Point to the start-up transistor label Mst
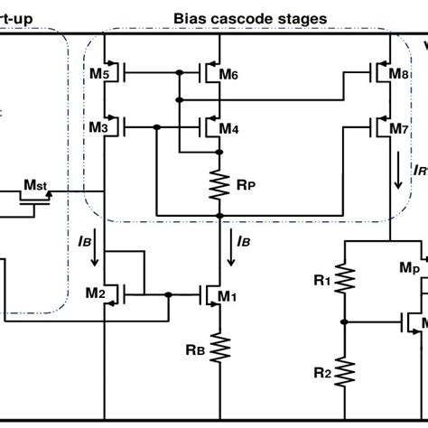[x=36, y=184]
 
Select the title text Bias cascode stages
[x=250, y=18]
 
